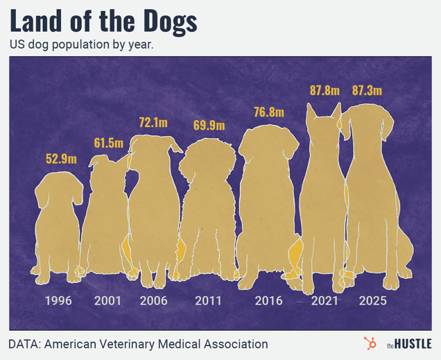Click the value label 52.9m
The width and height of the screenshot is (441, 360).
click(x=61, y=159)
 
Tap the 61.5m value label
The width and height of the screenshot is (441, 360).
click(x=108, y=144)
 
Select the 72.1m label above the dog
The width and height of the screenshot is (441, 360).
click(x=153, y=123)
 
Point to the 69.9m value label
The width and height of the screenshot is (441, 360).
click(x=209, y=126)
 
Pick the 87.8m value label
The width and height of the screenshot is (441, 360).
click(x=323, y=90)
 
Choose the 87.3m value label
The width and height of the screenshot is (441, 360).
click(x=367, y=90)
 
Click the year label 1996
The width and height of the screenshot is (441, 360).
click(x=58, y=301)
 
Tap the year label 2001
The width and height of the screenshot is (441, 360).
click(x=107, y=301)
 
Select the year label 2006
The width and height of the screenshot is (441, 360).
click(x=153, y=301)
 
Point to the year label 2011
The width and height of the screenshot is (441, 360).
click(x=208, y=301)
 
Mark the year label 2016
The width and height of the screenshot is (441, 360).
click(x=268, y=301)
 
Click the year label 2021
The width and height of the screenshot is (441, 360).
click(x=324, y=301)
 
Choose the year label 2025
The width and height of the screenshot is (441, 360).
click(x=373, y=301)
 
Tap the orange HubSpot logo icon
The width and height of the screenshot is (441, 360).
click(x=370, y=343)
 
